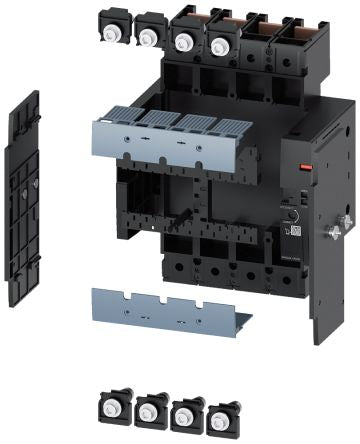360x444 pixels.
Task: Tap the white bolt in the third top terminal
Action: point(183,43)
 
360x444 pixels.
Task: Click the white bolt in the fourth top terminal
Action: point(218,44)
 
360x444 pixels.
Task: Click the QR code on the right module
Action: point(296,230)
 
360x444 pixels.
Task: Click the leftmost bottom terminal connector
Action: point(111,406)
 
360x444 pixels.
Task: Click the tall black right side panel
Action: point(325,290)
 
